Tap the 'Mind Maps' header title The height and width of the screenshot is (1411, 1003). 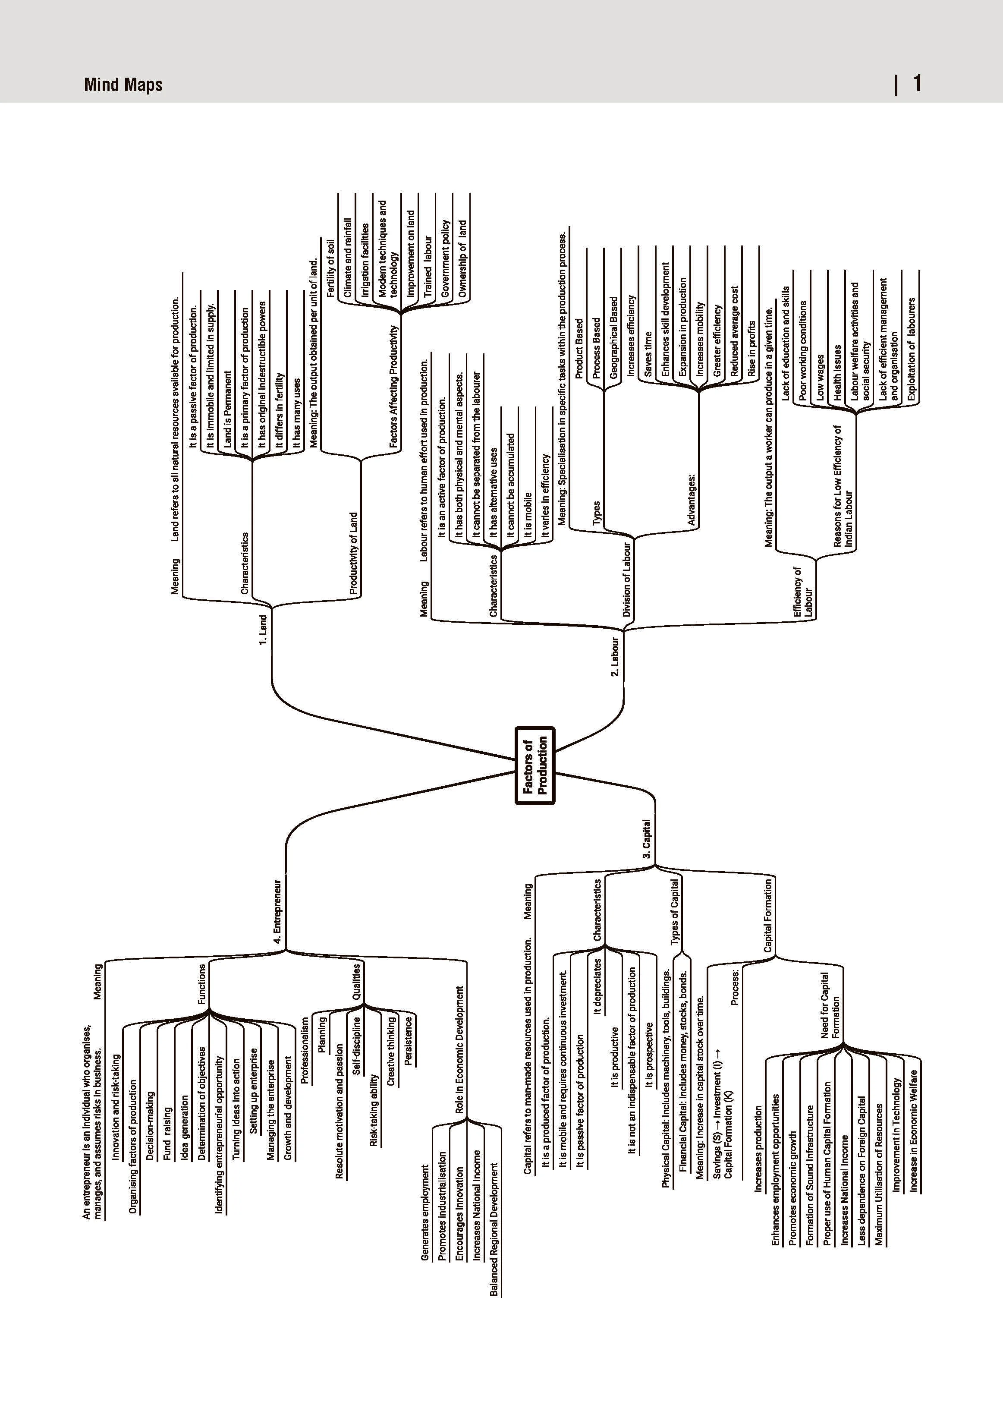123,84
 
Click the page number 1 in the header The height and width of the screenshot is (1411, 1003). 918,83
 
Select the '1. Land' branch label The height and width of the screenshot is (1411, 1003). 263,630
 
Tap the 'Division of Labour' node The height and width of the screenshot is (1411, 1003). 627,580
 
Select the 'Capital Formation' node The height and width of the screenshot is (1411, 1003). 768,915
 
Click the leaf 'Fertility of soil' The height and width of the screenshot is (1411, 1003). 330,268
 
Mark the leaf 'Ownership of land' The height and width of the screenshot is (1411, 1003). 462,259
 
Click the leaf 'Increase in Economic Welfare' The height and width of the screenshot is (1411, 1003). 913,1130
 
